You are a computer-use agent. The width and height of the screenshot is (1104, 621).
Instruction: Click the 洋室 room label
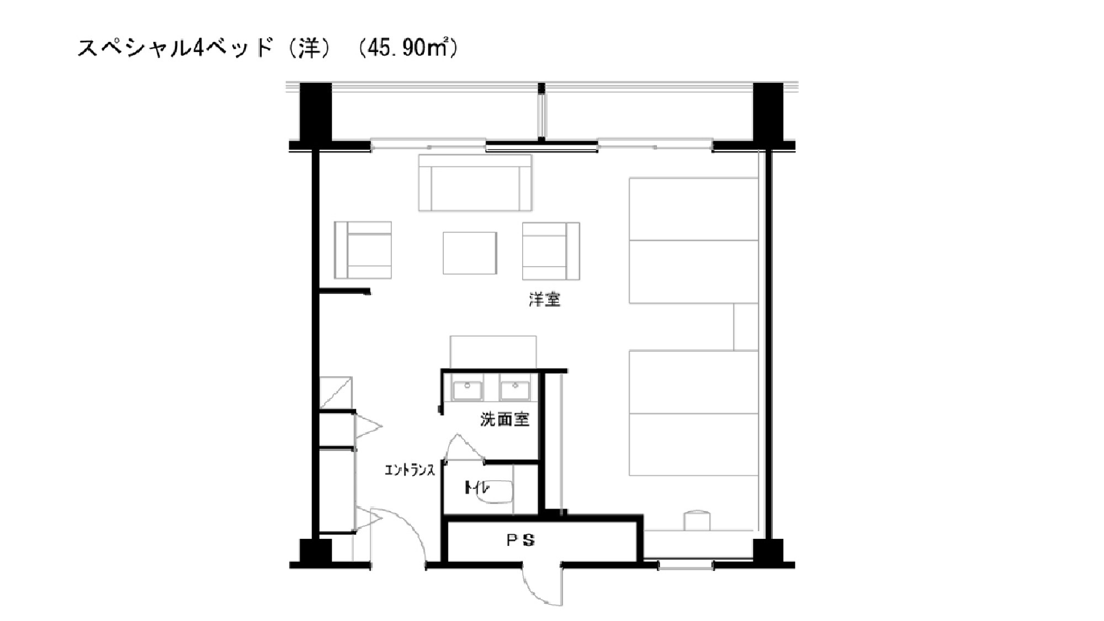pyautogui.click(x=545, y=300)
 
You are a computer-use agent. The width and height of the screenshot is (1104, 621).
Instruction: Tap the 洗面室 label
pyautogui.click(x=505, y=420)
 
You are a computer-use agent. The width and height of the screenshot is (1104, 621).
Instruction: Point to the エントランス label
pyautogui.click(x=410, y=470)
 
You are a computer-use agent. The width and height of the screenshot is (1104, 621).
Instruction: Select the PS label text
pyautogui.click(x=521, y=540)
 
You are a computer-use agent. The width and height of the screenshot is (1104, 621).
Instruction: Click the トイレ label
pyautogui.click(x=476, y=487)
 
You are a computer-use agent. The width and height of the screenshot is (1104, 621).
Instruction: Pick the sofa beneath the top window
pyautogui.click(x=475, y=183)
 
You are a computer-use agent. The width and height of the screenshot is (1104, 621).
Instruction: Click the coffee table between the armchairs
pyautogui.click(x=470, y=253)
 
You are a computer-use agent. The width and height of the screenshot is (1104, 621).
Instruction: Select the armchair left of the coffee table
pyautogui.click(x=363, y=250)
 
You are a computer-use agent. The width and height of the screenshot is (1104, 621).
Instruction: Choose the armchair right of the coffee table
pyautogui.click(x=551, y=251)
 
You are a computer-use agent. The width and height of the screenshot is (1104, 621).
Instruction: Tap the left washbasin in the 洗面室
pyautogui.click(x=468, y=390)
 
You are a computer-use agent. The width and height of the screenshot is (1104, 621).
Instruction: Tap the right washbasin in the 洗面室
pyautogui.click(x=515, y=390)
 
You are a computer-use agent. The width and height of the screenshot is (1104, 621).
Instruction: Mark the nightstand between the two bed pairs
pyautogui.click(x=746, y=327)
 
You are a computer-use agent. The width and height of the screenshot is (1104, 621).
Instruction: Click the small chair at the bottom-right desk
pyautogui.click(x=697, y=521)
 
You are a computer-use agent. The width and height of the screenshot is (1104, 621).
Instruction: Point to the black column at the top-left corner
pyautogui.click(x=316, y=112)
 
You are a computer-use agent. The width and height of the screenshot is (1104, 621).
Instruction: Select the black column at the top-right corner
pyautogui.click(x=768, y=112)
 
